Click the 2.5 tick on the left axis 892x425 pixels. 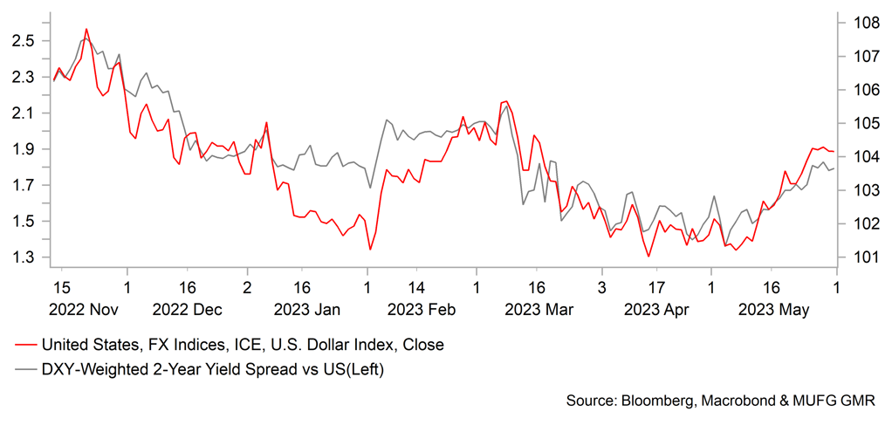point(24,41)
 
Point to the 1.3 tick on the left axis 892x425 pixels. point(24,257)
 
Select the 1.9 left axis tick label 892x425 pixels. point(24,149)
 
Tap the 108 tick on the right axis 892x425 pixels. point(856,23)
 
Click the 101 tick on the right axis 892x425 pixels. point(856,257)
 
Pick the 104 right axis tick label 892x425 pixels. point(856,157)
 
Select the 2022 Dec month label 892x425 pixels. point(188,309)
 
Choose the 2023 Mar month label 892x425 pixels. point(536,309)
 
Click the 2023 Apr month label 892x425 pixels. point(655,309)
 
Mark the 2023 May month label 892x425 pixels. point(774,309)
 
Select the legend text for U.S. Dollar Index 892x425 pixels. point(244,345)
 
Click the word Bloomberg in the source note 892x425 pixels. point(662,402)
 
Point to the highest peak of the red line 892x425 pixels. point(86,29)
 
